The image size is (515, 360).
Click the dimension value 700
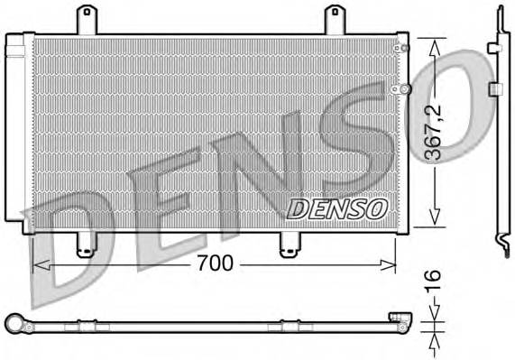coord(215,263)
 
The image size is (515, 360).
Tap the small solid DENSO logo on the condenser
coord(336,208)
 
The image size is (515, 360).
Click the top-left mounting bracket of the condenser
coord(87,20)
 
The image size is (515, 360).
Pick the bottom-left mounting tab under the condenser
coord(86,244)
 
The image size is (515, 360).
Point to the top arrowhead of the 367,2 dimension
coord(435,43)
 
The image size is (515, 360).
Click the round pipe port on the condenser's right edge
coord(406,88)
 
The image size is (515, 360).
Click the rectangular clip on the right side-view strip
coord(495,88)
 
